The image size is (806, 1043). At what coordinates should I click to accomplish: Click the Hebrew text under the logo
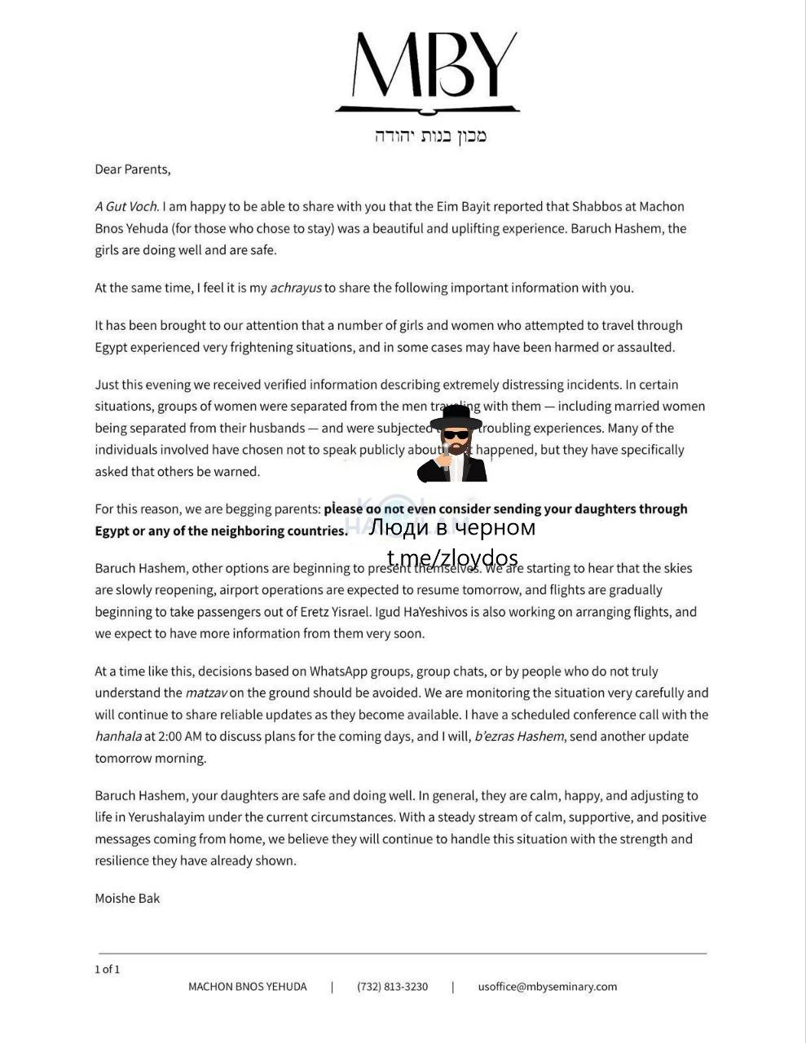tap(430, 135)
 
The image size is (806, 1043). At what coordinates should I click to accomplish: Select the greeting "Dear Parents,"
tap(133, 169)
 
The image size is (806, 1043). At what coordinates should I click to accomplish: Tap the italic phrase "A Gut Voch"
tap(126, 207)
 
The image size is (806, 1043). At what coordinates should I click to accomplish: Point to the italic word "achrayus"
tap(296, 288)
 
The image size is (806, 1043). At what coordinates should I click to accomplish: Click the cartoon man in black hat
tap(455, 444)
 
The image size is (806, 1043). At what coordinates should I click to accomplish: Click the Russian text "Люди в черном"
tap(452, 528)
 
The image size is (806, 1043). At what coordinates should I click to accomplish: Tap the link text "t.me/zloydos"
tap(452, 558)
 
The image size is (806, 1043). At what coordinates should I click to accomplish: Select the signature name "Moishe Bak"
tap(127, 899)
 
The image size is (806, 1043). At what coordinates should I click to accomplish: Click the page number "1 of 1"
tap(107, 970)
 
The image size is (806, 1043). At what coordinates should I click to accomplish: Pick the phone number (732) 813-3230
tap(392, 987)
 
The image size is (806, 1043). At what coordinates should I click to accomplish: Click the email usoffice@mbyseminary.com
tap(548, 987)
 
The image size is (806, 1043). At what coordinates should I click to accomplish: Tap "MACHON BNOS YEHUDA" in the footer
tap(248, 987)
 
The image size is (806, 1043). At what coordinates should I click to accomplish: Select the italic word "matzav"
tap(206, 693)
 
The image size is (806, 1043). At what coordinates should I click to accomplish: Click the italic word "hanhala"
tap(117, 737)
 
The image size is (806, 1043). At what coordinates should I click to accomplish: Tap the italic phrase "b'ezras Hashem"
tap(519, 737)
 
